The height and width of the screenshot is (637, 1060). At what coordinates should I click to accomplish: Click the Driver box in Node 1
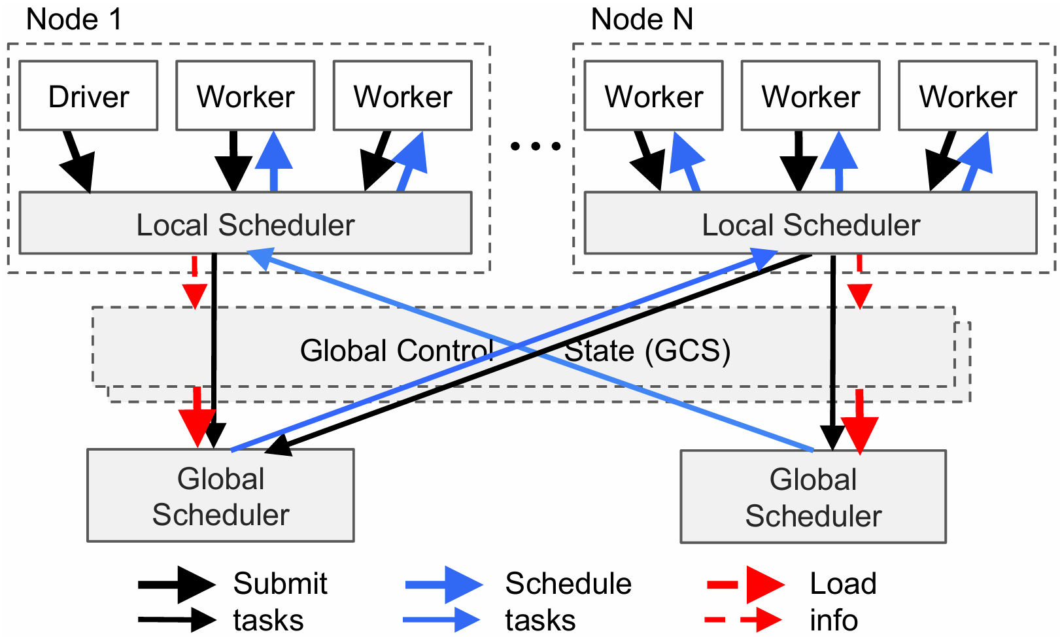click(88, 96)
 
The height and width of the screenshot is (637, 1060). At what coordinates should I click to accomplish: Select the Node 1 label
click(74, 19)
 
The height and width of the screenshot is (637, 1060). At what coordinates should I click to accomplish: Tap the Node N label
click(641, 19)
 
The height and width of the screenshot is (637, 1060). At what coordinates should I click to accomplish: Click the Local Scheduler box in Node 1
click(245, 224)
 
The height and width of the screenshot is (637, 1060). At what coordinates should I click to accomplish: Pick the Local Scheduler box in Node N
click(810, 224)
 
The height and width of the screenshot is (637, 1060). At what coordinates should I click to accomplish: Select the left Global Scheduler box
click(220, 496)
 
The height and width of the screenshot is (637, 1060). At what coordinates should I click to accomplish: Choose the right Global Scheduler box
click(813, 497)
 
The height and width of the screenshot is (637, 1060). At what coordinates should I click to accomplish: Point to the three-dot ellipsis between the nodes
click(535, 146)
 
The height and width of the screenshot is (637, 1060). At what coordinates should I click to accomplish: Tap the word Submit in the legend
click(280, 583)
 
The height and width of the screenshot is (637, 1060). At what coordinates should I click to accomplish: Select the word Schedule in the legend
click(568, 583)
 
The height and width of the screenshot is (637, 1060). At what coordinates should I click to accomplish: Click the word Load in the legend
click(843, 583)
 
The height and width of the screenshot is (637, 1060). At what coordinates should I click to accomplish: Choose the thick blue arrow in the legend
click(444, 584)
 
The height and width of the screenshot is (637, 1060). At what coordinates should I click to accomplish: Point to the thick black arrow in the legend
click(177, 584)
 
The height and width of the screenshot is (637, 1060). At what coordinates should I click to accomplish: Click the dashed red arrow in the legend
click(743, 619)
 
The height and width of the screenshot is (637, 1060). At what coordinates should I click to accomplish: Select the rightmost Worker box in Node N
click(967, 96)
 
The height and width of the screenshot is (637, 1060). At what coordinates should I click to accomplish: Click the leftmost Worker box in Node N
click(653, 96)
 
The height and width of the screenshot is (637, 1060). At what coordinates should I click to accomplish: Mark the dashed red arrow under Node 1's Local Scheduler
click(195, 283)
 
